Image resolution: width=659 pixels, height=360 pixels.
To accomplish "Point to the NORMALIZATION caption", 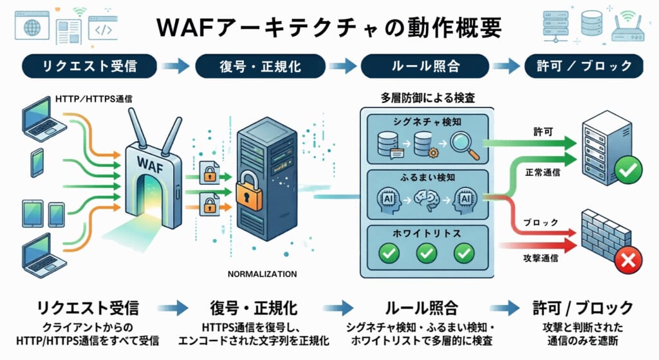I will (x=262, y=274).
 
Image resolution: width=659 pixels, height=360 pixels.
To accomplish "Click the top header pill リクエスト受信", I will (x=89, y=65).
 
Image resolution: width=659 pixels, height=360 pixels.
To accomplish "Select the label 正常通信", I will (x=544, y=173).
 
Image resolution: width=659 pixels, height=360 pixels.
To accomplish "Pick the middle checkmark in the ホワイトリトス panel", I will (x=425, y=252).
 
